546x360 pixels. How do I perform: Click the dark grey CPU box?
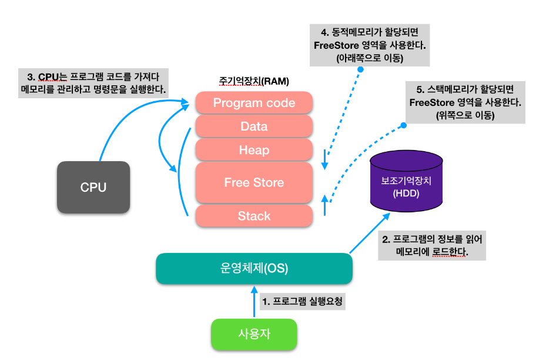coord(93,187)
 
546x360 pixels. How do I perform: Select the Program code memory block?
coord(254,103)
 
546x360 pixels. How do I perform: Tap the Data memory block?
coord(254,126)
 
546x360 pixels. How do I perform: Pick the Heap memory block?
coord(254,150)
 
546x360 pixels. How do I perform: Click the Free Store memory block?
coord(254,182)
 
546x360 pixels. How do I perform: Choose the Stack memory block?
coord(254,216)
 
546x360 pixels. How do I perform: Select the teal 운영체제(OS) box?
coord(253,269)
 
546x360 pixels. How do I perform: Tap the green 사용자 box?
coord(254,334)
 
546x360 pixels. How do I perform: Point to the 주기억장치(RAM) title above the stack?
coord(254,81)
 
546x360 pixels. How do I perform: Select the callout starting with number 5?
coord(465,102)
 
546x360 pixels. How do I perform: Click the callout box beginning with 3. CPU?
coord(94,83)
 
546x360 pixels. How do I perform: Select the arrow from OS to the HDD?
coord(370,233)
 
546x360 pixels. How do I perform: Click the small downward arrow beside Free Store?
coord(324,159)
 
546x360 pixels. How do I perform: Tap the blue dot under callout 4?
coord(360,69)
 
